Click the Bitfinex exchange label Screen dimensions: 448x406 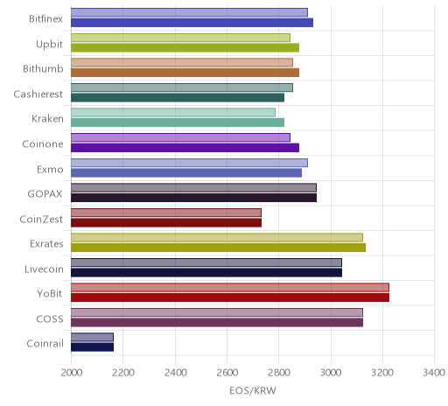click(45, 19)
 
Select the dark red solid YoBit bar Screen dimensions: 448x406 click(230, 297)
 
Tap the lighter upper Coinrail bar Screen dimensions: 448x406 click(92, 338)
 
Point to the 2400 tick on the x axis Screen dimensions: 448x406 click(175, 373)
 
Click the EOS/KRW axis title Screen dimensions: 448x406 click(253, 390)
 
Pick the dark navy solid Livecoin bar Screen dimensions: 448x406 click(206, 273)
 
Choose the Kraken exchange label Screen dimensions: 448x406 click(47, 119)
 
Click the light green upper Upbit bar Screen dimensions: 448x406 click(180, 38)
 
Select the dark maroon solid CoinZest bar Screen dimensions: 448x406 click(166, 222)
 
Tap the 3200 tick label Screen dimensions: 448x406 click(382, 373)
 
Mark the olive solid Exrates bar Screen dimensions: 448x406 click(218, 248)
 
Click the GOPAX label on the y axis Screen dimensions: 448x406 click(45, 194)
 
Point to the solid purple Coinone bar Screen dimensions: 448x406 click(185, 148)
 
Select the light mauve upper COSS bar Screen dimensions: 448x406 click(217, 312)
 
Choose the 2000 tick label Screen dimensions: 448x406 click(72, 373)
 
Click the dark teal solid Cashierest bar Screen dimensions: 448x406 click(178, 98)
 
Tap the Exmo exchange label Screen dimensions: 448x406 click(50, 169)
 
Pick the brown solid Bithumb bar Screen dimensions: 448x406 click(185, 73)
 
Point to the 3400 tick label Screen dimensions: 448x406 click(434, 373)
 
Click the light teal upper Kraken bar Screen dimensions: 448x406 click(173, 112)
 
